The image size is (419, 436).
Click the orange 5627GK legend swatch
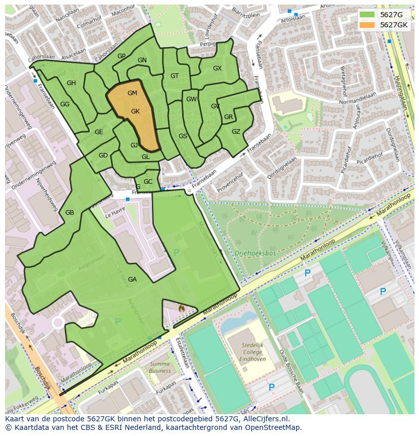tap(368, 25)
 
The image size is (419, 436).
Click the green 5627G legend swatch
tap(368, 15)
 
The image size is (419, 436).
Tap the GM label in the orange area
tap(132, 93)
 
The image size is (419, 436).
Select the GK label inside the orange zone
tap(135, 111)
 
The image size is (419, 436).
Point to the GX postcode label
tap(217, 68)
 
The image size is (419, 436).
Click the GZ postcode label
tap(236, 132)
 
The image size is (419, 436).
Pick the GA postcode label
tap(132, 280)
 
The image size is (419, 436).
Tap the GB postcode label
tap(69, 213)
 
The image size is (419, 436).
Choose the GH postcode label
tap(71, 83)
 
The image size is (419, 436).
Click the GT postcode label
tap(175, 76)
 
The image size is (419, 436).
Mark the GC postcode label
tap(148, 182)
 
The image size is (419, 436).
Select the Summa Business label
tap(160, 367)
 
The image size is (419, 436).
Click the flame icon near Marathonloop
tap(181, 307)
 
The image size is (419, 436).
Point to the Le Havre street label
tap(115, 215)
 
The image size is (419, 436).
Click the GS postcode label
tap(183, 136)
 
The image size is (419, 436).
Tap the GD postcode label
tap(103, 155)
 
